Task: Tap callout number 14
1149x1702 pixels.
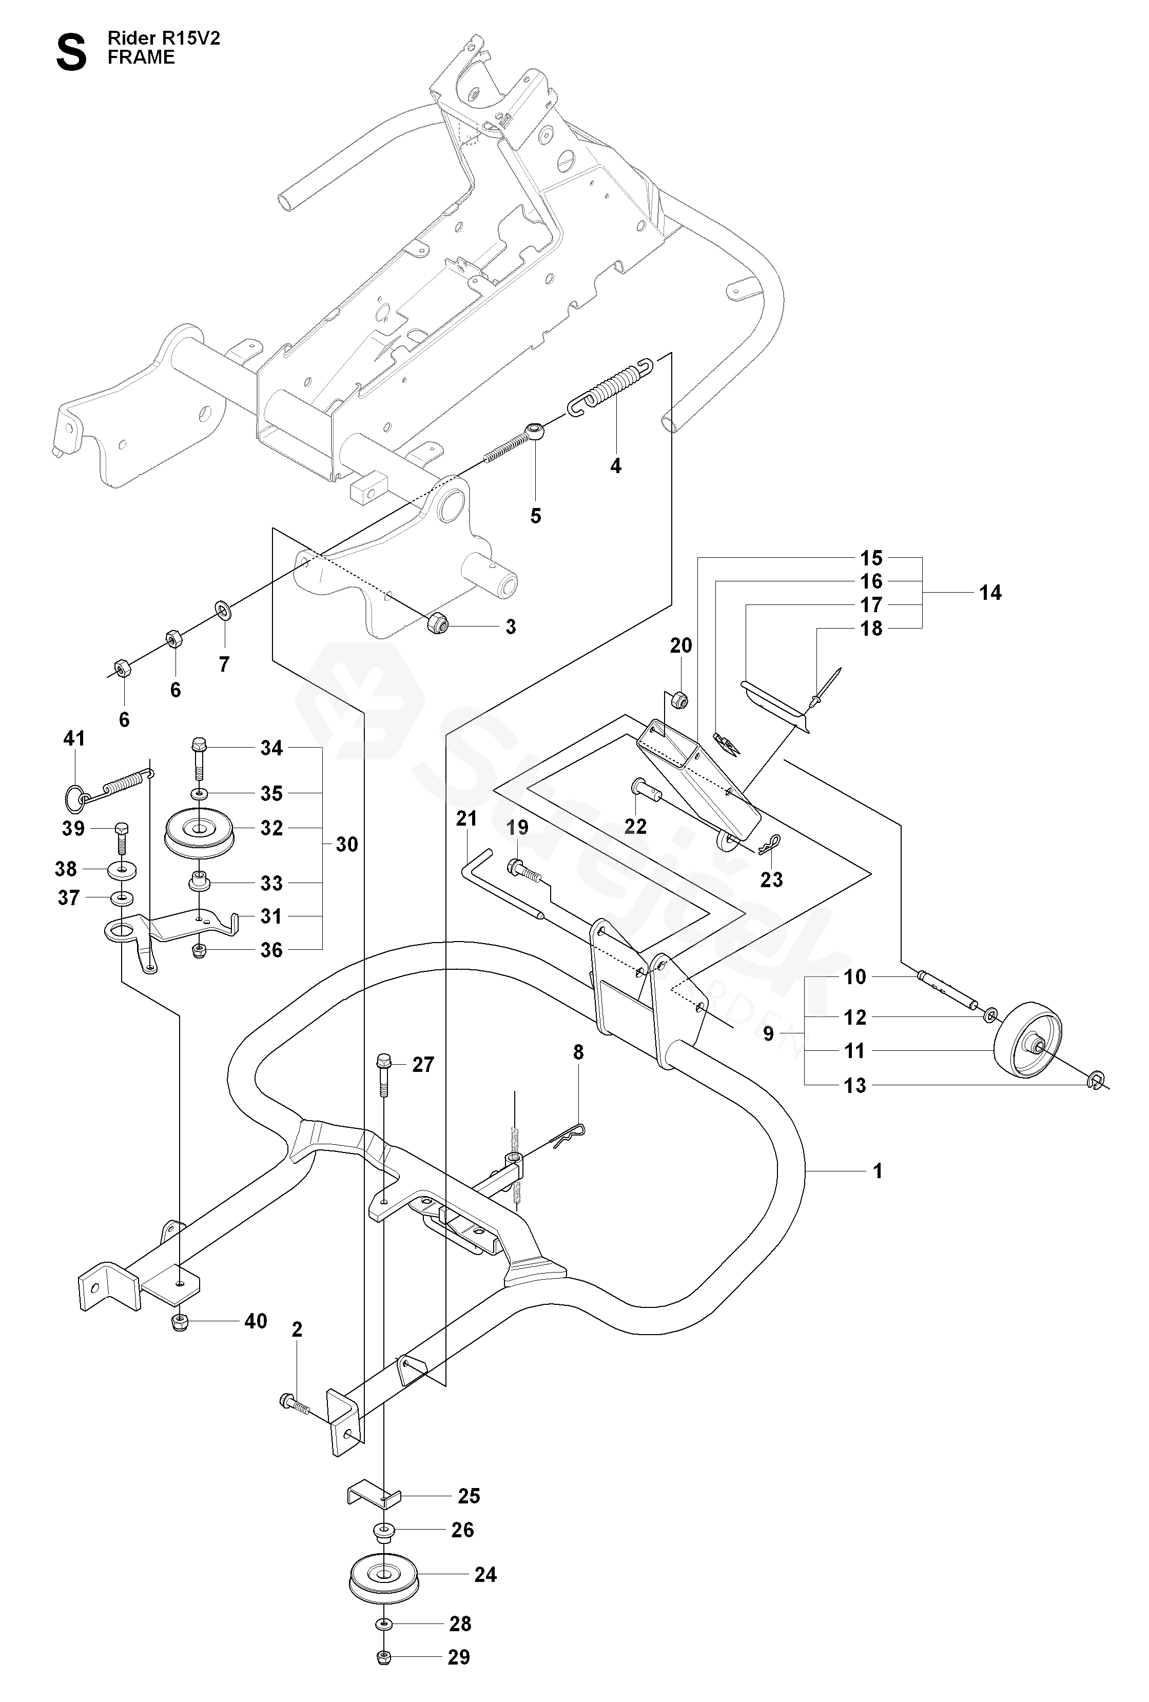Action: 990,593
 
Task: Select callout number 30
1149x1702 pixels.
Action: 346,845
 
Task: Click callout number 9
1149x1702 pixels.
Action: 768,1033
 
